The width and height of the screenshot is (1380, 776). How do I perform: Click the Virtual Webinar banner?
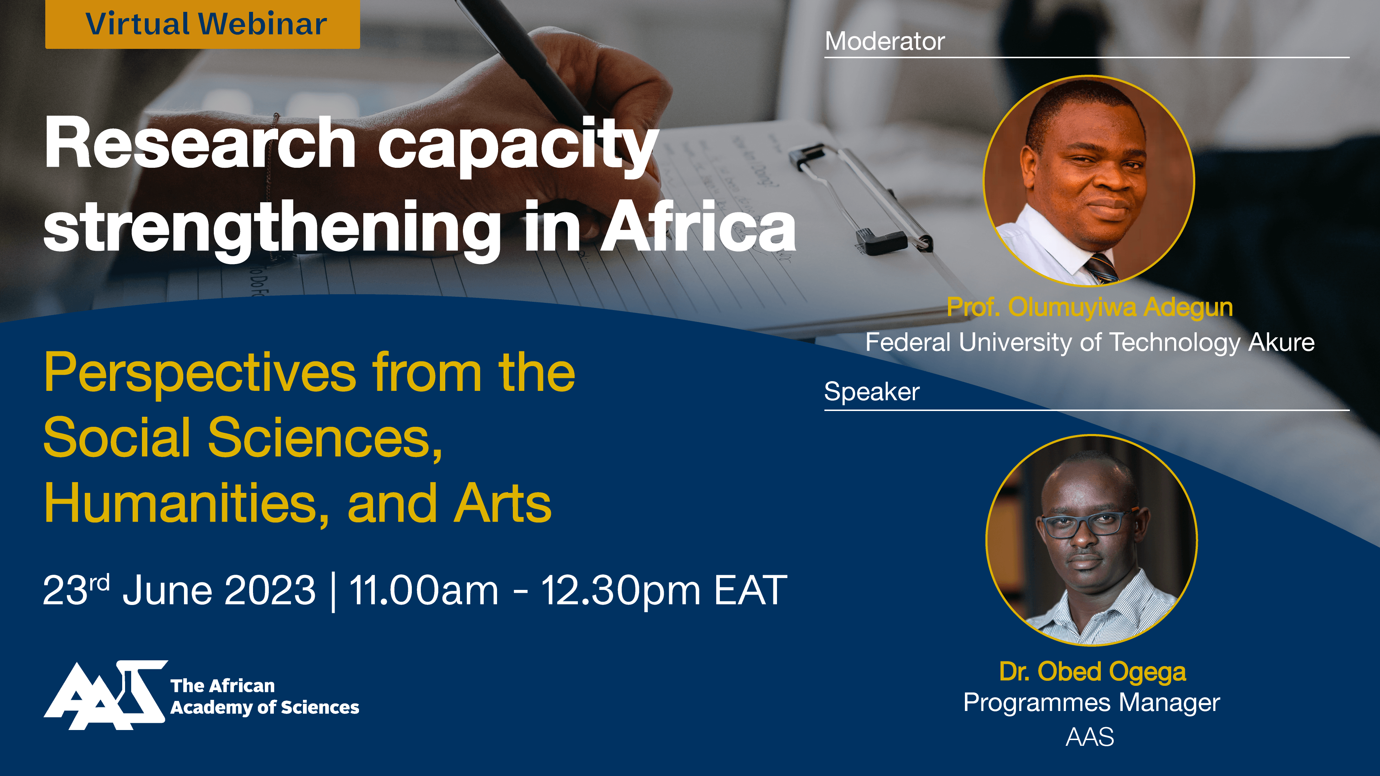pyautogui.click(x=202, y=24)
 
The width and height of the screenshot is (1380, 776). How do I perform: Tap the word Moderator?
pyautogui.click(x=884, y=41)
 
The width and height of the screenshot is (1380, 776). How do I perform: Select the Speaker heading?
pyautogui.click(x=871, y=392)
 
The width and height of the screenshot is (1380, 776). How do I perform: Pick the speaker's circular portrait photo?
pyautogui.click(x=1092, y=540)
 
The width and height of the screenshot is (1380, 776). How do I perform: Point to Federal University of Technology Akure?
pyautogui.click(x=1090, y=342)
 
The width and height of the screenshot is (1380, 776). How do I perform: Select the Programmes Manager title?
pyautogui.click(x=1092, y=703)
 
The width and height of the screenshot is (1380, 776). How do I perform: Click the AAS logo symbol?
pyautogui.click(x=105, y=695)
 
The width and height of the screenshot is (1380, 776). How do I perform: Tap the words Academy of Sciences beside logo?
pyautogui.click(x=264, y=707)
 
